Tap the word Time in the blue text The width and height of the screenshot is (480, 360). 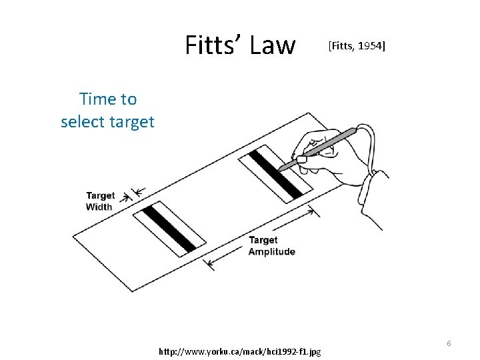(x=93, y=99)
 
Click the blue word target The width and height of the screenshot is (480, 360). (x=134, y=122)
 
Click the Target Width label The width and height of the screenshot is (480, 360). (x=100, y=201)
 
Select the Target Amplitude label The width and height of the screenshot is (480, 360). (x=271, y=245)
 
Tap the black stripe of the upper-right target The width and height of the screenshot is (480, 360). (x=280, y=173)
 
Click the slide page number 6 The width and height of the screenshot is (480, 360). (x=449, y=343)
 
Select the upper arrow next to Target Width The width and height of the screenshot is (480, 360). (x=138, y=192)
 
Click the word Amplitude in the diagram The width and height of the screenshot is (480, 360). (x=271, y=251)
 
